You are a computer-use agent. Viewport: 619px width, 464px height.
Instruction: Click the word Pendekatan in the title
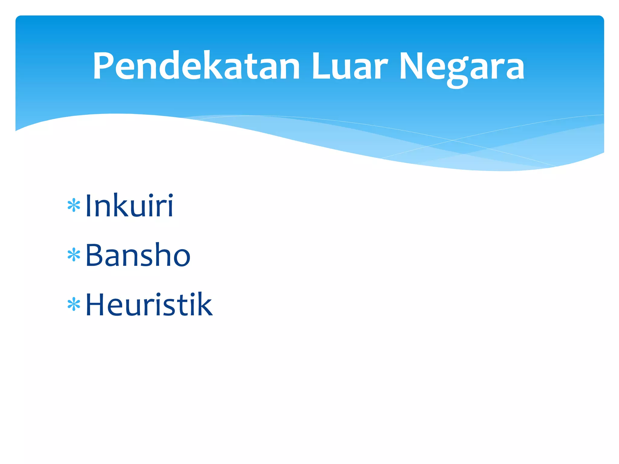coord(196,66)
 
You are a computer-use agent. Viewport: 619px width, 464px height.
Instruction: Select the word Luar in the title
coord(349,66)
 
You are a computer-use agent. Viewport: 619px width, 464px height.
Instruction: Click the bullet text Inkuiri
coord(129,205)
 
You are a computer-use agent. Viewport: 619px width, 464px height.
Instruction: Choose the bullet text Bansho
coord(138,255)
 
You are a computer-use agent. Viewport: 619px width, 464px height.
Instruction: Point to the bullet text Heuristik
coord(149,304)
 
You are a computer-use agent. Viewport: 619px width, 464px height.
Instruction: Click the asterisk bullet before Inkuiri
coord(74,206)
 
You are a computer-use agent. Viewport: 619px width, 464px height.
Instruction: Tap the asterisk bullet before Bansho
coord(74,255)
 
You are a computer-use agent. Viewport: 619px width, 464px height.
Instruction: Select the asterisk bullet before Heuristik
coord(74,304)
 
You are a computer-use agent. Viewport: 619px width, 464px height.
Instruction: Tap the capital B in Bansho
coord(94,255)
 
